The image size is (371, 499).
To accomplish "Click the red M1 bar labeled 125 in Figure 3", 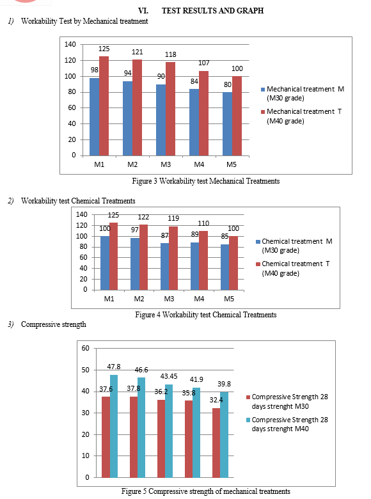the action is coord(104,106).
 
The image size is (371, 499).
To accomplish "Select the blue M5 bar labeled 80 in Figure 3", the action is coord(227,124).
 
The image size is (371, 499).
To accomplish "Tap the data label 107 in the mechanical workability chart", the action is coord(203,63).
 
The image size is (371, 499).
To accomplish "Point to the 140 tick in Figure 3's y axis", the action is coord(70,44).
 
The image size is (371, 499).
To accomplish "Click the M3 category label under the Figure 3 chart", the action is coord(166,164).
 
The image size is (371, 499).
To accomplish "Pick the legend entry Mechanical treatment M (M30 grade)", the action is coord(303,93).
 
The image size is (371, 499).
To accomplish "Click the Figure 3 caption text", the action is coord(206,181).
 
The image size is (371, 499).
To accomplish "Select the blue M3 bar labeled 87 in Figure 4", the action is coord(164,267).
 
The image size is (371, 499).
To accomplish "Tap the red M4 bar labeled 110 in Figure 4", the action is coord(203,260).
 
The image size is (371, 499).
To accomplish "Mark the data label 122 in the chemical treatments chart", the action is coord(143,217).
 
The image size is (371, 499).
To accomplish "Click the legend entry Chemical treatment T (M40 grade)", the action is coord(293,269).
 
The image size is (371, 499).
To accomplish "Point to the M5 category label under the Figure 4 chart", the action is coord(229,299).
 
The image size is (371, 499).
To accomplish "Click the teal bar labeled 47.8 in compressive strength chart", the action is coord(114,426).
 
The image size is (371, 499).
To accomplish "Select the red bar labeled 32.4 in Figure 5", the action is coord(216,443).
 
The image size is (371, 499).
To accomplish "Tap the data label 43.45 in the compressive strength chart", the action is coord(169,376).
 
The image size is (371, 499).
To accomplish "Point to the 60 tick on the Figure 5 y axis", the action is coord(85,348).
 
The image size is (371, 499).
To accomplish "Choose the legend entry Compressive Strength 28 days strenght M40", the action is coord(287,424).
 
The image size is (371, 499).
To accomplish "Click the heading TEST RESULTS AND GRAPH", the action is coord(212,11).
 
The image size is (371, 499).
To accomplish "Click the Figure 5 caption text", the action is coord(205,491).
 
